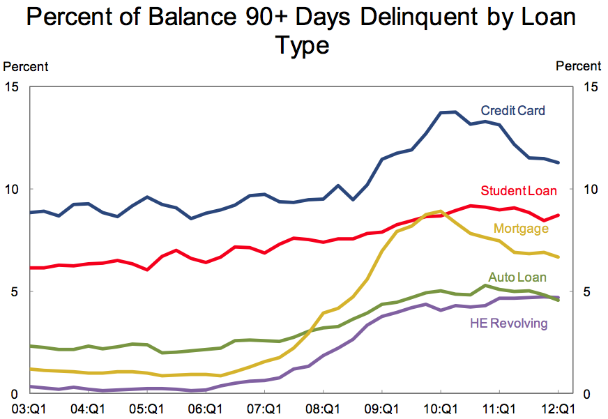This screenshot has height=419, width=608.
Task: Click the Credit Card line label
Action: [x=512, y=111]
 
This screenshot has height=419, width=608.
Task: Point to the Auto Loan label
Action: [x=517, y=277]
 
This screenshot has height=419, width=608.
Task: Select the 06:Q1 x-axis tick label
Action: [x=206, y=409]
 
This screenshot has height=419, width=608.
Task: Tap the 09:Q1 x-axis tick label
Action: [x=382, y=409]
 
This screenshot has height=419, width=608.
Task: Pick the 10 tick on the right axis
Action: [x=590, y=190]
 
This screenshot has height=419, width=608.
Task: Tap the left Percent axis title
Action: [x=26, y=67]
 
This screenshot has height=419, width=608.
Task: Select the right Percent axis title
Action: [x=578, y=67]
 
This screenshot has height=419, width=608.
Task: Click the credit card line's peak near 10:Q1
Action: [x=455, y=112]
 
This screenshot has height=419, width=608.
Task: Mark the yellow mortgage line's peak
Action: [x=441, y=211]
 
